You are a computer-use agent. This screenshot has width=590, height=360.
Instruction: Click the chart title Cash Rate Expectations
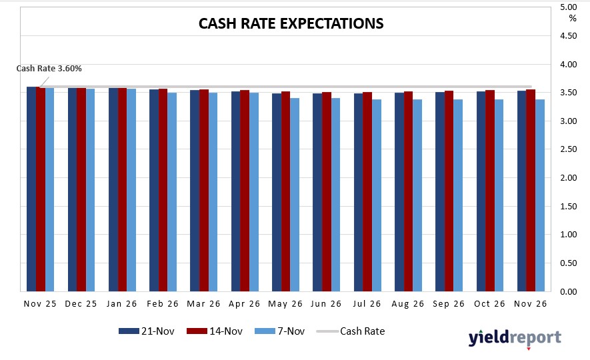point(291,23)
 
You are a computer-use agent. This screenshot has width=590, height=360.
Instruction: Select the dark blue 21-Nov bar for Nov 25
point(31,189)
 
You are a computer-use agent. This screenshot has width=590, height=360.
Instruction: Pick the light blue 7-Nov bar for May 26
point(295,195)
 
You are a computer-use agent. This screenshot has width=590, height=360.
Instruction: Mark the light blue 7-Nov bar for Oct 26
point(499,195)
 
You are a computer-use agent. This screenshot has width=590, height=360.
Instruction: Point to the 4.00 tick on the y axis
point(569,65)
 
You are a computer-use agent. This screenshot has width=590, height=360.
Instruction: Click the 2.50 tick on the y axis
point(569,150)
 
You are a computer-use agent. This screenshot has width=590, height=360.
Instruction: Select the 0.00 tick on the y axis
point(569,292)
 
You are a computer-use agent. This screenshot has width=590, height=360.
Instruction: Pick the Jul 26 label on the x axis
point(367,304)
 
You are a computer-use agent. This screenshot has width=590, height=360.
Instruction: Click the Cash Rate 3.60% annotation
point(49,68)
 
